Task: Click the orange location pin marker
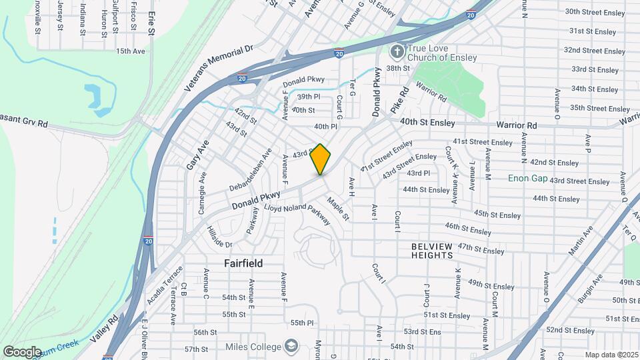(321, 159)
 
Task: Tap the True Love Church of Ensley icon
(397, 52)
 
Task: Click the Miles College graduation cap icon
(291, 345)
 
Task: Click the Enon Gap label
(527, 178)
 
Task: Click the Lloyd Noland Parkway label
(297, 215)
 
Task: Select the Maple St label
(337, 208)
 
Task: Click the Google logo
(22, 351)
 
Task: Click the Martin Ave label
(580, 241)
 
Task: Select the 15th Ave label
(130, 51)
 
